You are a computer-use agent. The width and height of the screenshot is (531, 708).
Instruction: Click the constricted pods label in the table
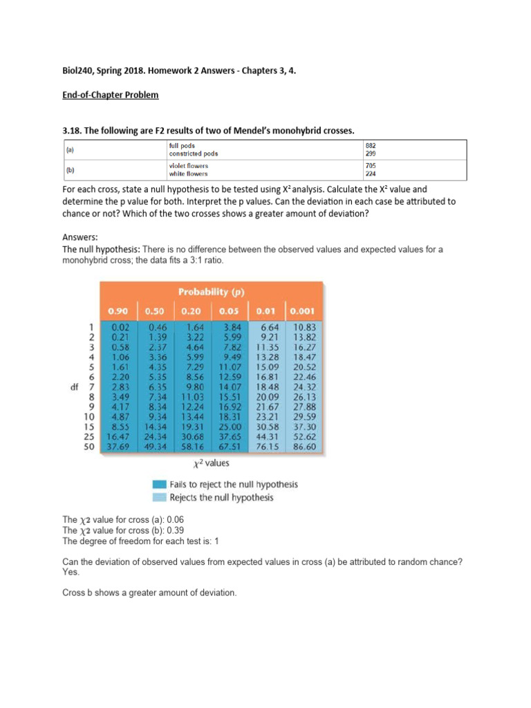tap(193, 153)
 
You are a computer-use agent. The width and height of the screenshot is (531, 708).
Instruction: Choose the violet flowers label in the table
tap(188, 166)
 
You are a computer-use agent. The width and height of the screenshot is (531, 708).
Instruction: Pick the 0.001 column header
tap(305, 311)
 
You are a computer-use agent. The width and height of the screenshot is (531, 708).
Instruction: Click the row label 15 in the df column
tap(88, 427)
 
